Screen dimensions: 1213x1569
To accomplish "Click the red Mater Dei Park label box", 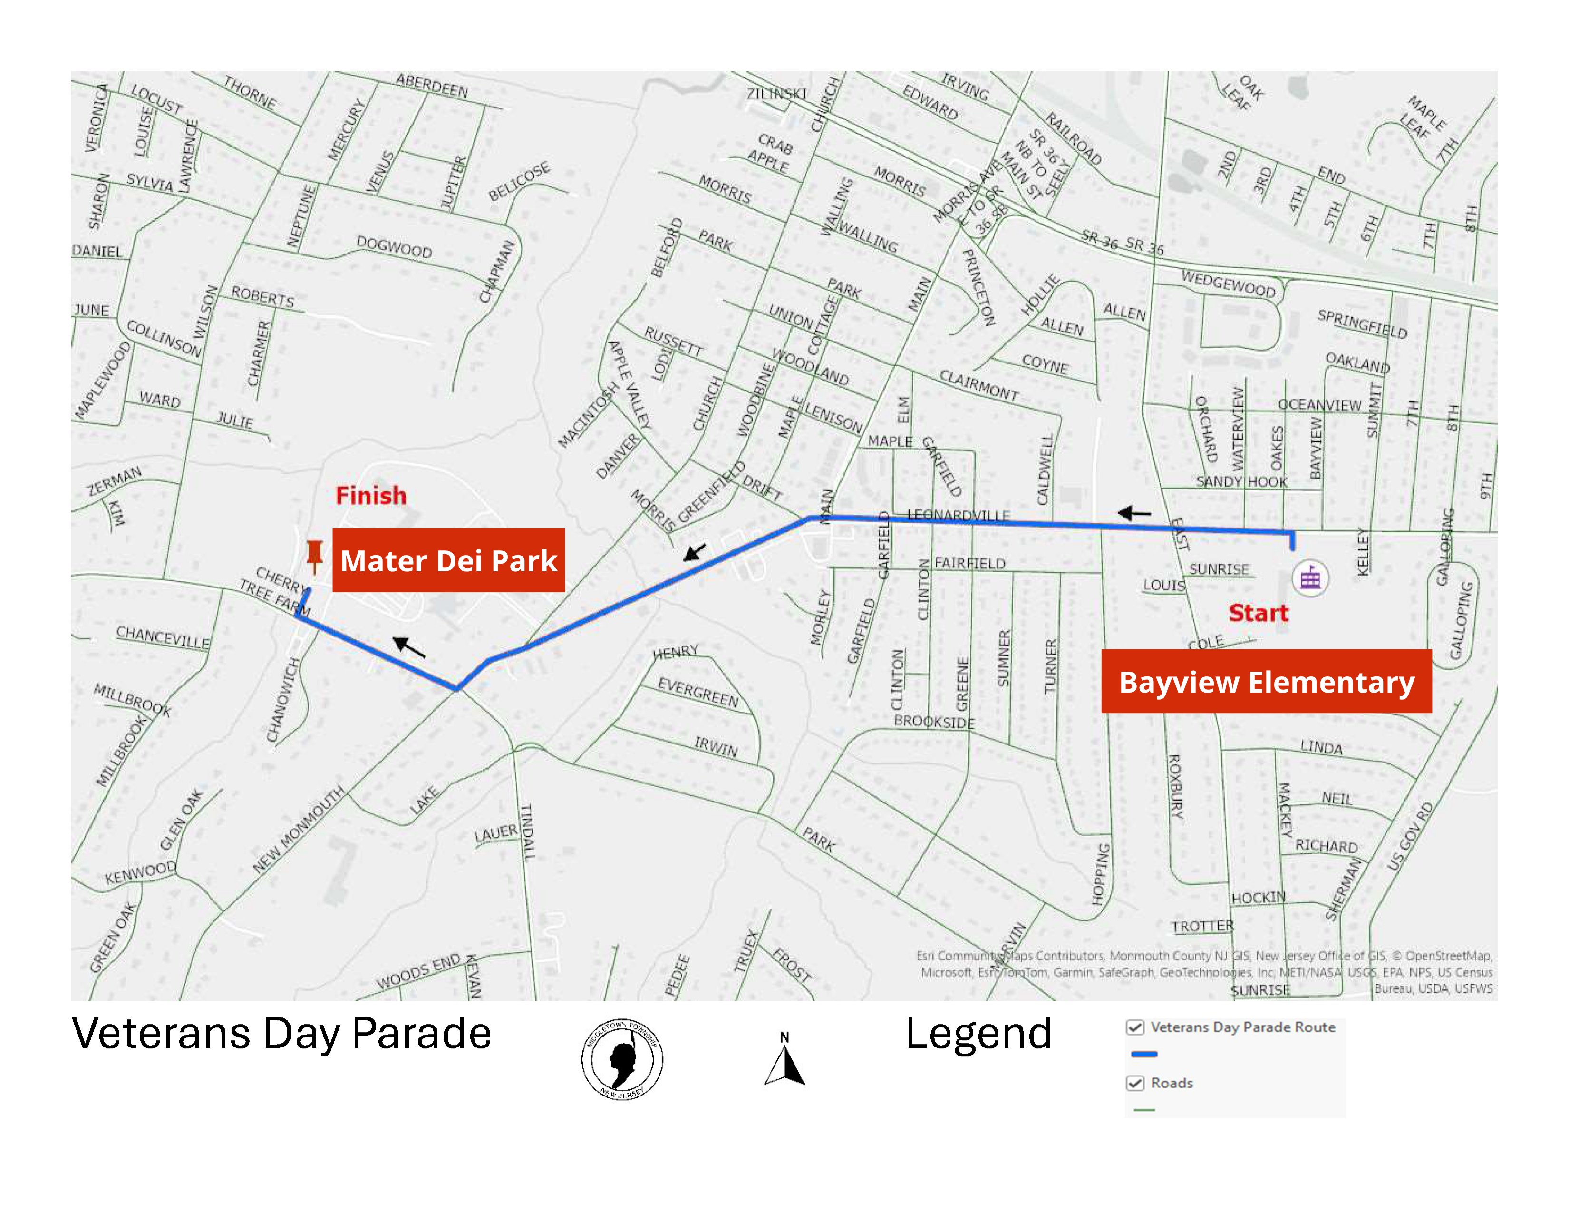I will (x=448, y=560).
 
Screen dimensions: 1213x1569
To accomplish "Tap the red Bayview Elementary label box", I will (x=1266, y=681).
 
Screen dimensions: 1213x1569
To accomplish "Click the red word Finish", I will (x=371, y=495).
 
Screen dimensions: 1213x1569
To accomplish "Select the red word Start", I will (x=1258, y=613).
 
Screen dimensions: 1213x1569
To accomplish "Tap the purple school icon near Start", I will (x=1310, y=578).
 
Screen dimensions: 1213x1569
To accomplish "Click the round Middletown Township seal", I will (x=622, y=1058).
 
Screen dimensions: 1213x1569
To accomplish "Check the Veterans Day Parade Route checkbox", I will (x=1135, y=1027).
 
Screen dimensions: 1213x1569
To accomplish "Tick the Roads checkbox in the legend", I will (x=1135, y=1083).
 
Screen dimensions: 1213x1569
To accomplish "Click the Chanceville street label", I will (x=163, y=636).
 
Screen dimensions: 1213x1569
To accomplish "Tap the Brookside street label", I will (x=934, y=722).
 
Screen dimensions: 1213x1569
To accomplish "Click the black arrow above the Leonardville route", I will (x=1134, y=513).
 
